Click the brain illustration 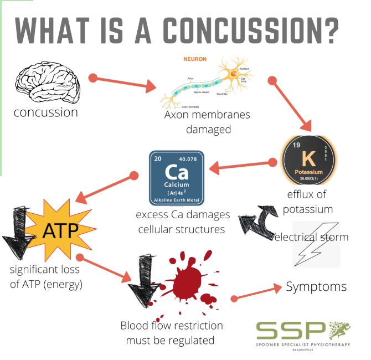(48, 83)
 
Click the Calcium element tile (177, 178)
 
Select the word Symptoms (316, 286)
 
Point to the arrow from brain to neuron (124, 83)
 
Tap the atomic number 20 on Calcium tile (158, 159)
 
